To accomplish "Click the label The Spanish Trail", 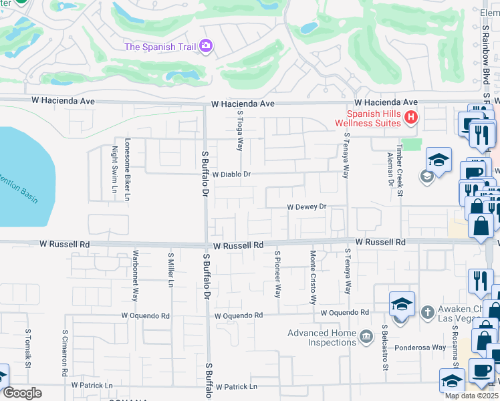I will [160, 46].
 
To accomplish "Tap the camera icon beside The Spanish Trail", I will [206, 45].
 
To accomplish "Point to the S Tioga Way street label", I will [239, 130].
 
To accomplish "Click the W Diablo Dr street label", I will [231, 174].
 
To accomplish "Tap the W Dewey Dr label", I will [306, 207].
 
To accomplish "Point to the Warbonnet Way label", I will [135, 275].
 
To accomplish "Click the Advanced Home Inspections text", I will [322, 338].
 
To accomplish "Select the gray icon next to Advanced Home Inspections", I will [366, 336].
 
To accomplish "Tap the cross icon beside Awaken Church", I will [428, 311].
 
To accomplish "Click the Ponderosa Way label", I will [420, 348].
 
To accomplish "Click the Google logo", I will [23, 393].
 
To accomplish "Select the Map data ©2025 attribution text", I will [471, 396].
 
